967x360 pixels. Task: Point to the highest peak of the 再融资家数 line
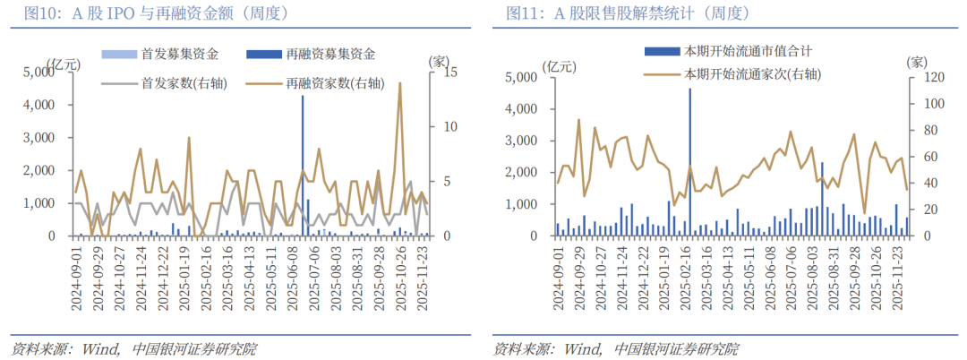tap(399, 84)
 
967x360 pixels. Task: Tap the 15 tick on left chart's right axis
tap(441, 73)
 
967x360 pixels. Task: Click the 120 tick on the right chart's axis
tap(922, 77)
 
